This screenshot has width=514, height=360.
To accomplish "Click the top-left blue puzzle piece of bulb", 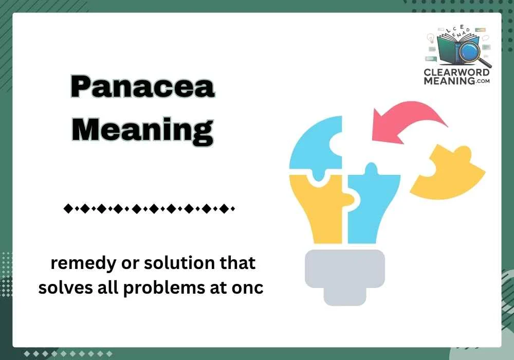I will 316,147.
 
